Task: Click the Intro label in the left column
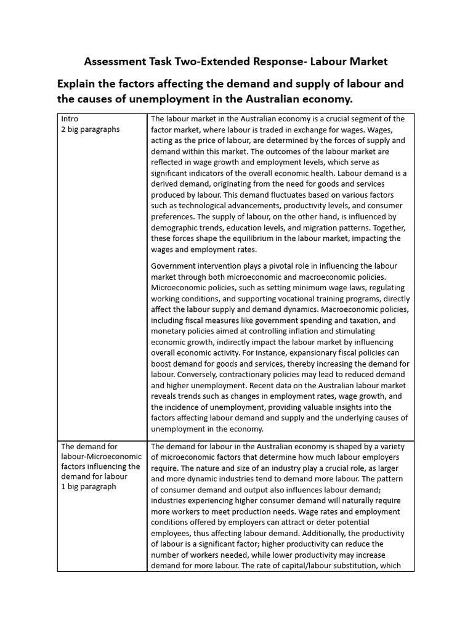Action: (x=70, y=119)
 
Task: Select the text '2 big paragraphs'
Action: (x=90, y=129)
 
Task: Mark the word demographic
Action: (x=176, y=227)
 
